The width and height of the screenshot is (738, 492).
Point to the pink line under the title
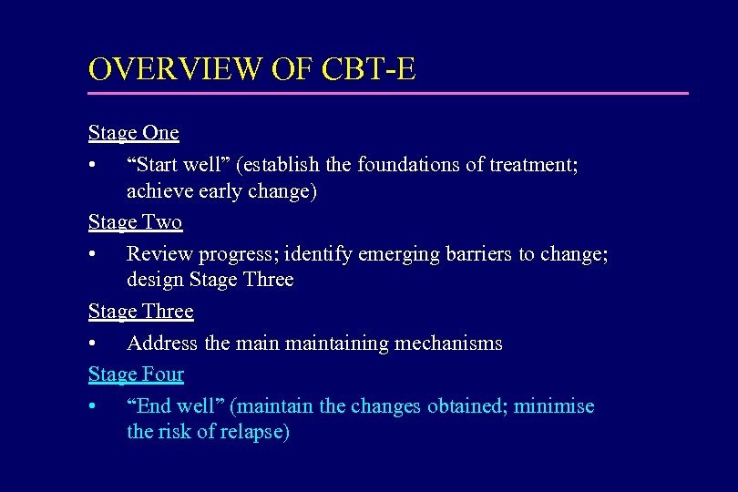click(x=388, y=93)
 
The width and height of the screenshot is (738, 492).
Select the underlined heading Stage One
click(x=134, y=133)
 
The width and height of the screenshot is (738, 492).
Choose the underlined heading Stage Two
click(x=135, y=222)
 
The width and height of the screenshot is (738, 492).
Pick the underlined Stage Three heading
click(x=141, y=312)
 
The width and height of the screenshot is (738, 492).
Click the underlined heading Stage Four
click(x=136, y=374)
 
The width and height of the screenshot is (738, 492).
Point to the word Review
click(x=156, y=253)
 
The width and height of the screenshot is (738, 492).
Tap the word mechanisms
click(x=448, y=343)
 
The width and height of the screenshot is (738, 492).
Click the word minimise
click(x=554, y=406)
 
